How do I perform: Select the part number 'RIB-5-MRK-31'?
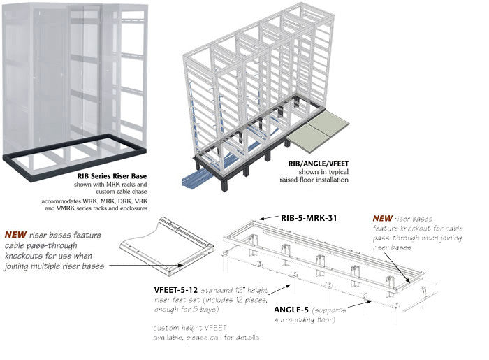309,218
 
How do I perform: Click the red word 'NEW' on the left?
19,236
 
